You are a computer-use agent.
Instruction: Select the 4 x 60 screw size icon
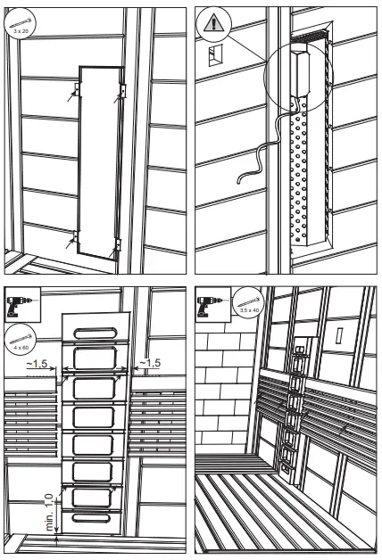[x=19, y=337]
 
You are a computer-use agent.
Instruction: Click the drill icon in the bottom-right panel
[x=209, y=304]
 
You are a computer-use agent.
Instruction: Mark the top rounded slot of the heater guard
[x=95, y=332]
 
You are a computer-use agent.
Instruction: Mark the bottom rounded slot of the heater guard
[x=95, y=519]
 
